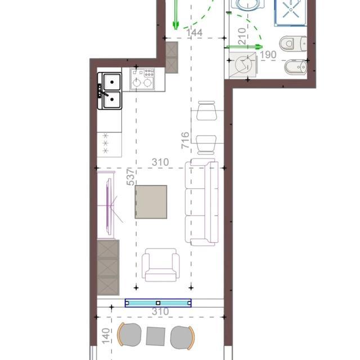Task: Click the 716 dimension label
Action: [x=185, y=140]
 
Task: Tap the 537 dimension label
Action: [x=130, y=177]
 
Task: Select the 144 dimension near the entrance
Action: [x=194, y=33]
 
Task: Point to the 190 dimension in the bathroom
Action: [x=268, y=55]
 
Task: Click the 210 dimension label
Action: [x=242, y=36]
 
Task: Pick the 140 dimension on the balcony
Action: [x=106, y=336]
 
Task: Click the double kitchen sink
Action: [x=110, y=91]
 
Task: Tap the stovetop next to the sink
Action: [x=142, y=79]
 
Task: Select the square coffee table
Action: [x=151, y=202]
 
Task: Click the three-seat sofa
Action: [x=201, y=202]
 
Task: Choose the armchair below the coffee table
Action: [x=161, y=265]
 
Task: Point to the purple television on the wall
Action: [x=110, y=203]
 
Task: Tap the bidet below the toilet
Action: [x=296, y=67]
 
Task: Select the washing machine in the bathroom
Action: [x=242, y=65]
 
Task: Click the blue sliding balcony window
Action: [x=158, y=303]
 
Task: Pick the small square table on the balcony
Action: [x=156, y=336]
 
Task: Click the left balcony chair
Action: [x=129, y=335]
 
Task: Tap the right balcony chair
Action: [x=182, y=337]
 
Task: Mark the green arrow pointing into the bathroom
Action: [x=244, y=47]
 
